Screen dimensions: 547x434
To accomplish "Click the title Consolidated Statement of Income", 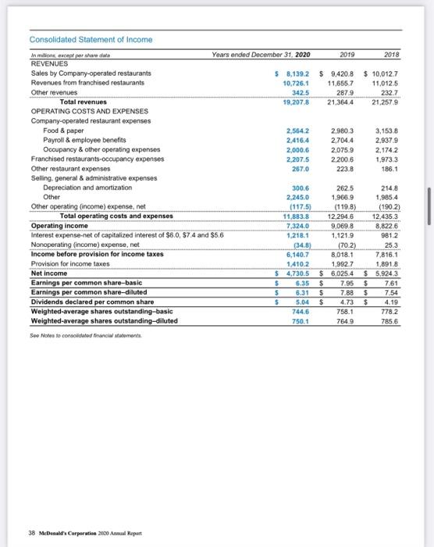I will (91, 40).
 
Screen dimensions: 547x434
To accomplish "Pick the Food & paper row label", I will (61, 130).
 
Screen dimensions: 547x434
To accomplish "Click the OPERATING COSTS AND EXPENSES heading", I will (80, 111).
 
